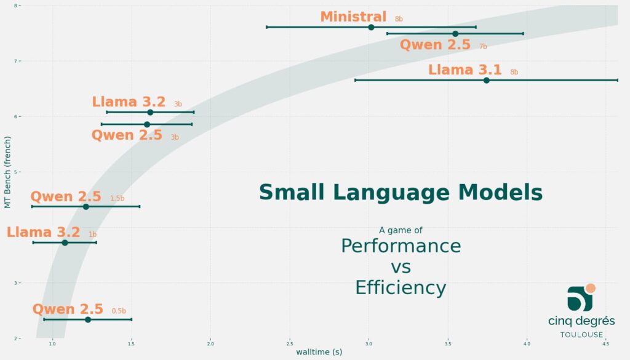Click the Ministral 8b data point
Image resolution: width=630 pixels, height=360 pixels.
point(371,27)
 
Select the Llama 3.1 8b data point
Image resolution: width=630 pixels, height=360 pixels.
point(486,80)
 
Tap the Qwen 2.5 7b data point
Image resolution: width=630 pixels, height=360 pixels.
point(455,34)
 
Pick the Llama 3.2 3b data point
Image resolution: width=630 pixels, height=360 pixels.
point(150,112)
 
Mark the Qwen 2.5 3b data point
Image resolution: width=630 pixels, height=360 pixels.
point(146,124)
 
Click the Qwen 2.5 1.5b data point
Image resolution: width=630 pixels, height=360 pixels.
point(86,206)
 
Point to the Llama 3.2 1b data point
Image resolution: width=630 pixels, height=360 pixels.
point(65,242)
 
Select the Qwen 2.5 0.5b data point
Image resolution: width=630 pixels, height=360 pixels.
point(88,319)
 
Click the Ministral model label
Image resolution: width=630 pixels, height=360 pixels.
point(353,17)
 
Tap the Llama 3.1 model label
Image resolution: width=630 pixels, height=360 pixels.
point(465,70)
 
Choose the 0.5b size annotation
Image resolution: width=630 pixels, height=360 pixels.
point(119,311)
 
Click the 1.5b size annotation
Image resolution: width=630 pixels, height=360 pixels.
point(117,199)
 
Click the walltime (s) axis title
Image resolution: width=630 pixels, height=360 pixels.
point(319,353)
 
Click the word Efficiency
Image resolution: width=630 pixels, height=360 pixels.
point(401,287)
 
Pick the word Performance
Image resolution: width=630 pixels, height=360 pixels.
point(401,246)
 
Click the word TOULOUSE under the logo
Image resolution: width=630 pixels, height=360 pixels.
point(581,335)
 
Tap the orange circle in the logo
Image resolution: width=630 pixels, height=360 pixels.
point(591,288)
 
